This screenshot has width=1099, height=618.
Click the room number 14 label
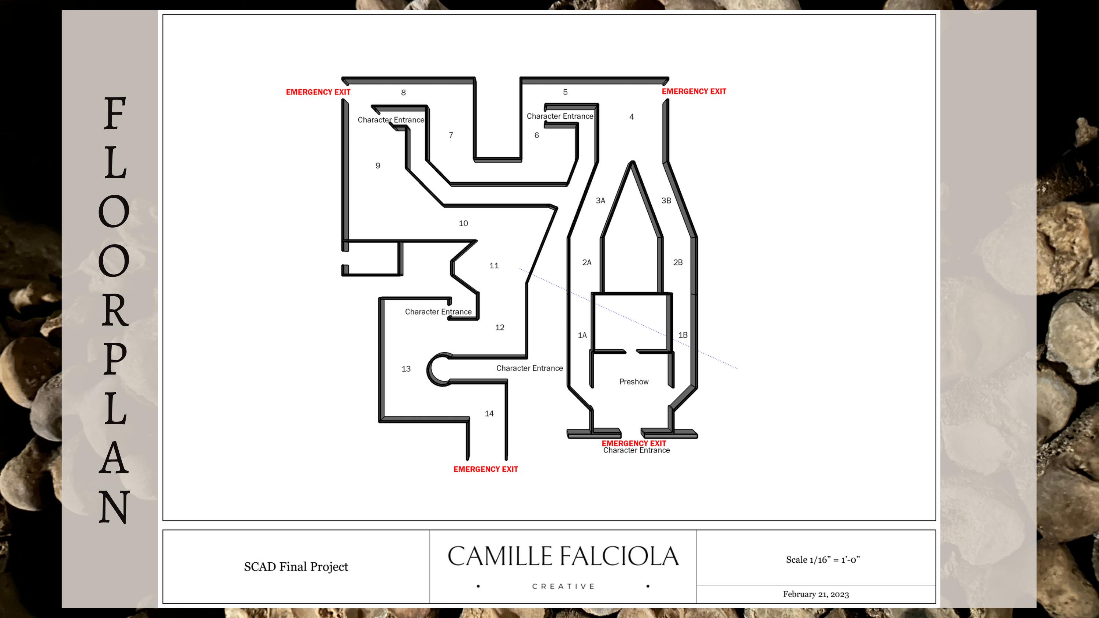click(x=489, y=413)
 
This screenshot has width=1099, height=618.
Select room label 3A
click(x=600, y=201)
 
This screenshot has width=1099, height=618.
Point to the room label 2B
click(x=678, y=262)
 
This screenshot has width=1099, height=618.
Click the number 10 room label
click(x=463, y=223)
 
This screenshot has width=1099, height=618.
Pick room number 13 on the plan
click(x=406, y=369)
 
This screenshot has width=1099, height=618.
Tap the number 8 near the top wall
click(x=403, y=92)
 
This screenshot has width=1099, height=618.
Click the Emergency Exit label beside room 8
click(x=318, y=92)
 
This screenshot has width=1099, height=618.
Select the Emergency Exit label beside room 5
click(x=694, y=91)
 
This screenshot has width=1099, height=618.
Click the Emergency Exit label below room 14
click(x=485, y=469)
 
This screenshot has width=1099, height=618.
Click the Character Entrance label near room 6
click(x=560, y=116)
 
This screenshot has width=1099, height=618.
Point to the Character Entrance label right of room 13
click(x=529, y=368)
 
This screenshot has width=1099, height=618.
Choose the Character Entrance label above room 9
click(x=391, y=120)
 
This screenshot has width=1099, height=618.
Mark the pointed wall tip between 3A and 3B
click(x=632, y=162)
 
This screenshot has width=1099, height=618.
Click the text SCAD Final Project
click(x=296, y=566)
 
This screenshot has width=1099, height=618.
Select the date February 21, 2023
click(x=816, y=594)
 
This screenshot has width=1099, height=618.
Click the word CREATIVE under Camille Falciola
click(x=563, y=587)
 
